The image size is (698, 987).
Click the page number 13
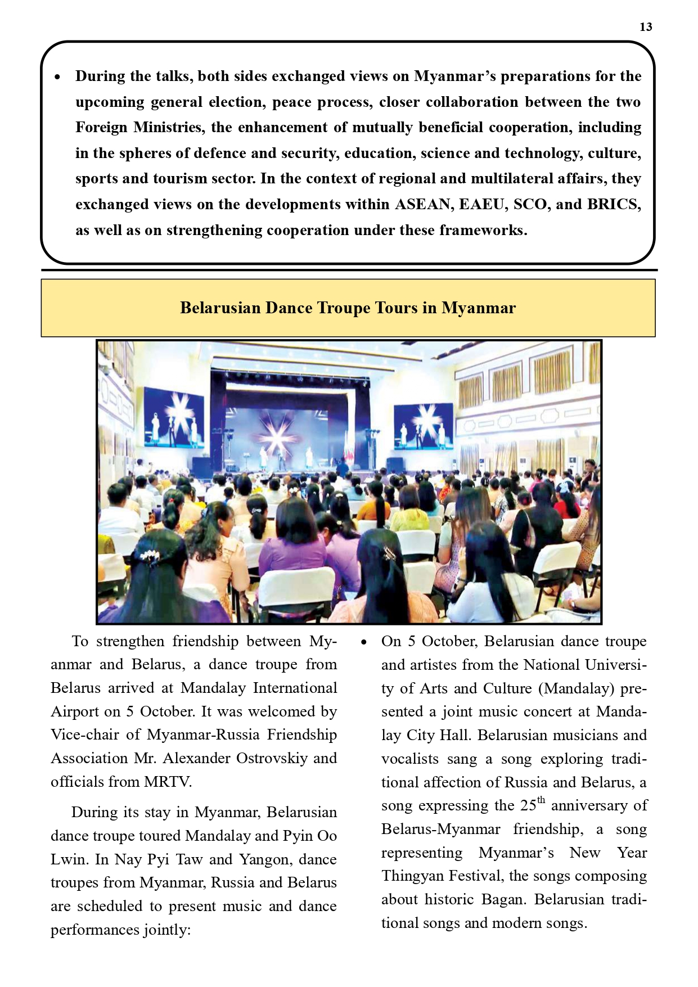[x=646, y=27]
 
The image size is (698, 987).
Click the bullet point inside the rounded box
[x=57, y=77]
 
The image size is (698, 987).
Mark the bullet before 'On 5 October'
[x=364, y=642]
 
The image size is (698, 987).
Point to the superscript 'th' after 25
[x=541, y=800]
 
